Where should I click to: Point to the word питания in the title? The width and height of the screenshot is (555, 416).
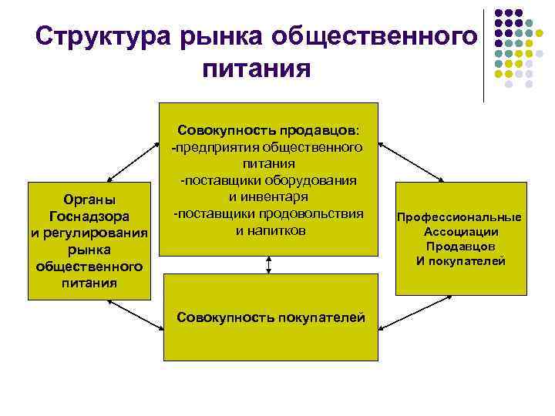coord(257,70)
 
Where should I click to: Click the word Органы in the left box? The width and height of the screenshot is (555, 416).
coord(89,200)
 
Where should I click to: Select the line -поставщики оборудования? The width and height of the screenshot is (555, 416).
coord(269,180)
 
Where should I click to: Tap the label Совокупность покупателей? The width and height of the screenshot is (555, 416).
coord(271,316)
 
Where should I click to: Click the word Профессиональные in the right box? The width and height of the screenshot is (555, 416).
coord(459,217)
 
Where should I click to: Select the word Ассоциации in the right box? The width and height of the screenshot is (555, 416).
coord(461,232)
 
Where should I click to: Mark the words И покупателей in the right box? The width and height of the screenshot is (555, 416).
coord(461,261)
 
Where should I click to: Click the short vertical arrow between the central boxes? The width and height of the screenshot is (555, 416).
coord(269,264)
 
